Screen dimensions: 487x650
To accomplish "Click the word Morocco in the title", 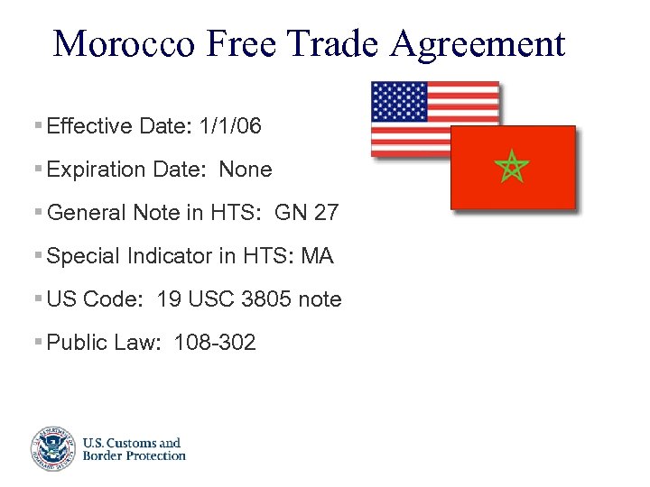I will point(123,42).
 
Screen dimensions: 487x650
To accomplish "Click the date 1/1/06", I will point(231,126).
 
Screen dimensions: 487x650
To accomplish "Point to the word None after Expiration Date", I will point(246,170).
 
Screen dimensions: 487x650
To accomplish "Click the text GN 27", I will point(307,213).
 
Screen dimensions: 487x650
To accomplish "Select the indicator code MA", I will point(317,256).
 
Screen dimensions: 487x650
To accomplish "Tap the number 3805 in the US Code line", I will point(266,299).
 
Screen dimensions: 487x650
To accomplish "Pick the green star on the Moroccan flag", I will point(512,167).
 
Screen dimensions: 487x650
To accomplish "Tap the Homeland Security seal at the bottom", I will point(51,448).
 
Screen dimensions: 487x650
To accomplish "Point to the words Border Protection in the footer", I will point(134,455).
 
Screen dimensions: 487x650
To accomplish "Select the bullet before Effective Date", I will point(36,125).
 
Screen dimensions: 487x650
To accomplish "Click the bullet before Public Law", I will point(36,342).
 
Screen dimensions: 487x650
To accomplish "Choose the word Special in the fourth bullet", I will point(83,256).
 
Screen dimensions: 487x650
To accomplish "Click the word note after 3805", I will point(320,299).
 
